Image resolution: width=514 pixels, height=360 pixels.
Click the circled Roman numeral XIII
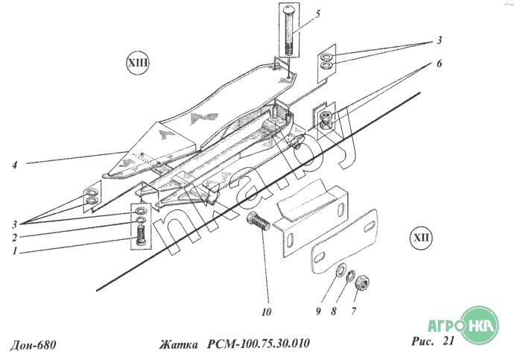[x=137, y=63]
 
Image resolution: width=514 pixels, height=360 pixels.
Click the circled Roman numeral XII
[x=421, y=237]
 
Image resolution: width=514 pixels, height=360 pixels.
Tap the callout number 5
[x=317, y=13]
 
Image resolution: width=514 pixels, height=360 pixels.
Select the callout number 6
[x=439, y=63]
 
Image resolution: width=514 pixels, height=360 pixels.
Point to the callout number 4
[x=15, y=165]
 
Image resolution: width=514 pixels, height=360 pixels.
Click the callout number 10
[x=267, y=312]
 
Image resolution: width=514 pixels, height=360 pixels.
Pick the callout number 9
[x=318, y=311]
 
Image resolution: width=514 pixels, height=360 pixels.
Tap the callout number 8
[x=334, y=311]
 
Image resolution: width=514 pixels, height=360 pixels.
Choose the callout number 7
[x=353, y=311]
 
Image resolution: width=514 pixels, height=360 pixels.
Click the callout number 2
[x=14, y=237]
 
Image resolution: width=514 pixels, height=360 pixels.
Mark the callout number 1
[x=14, y=251]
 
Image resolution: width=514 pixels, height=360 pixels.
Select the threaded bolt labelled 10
[x=258, y=221]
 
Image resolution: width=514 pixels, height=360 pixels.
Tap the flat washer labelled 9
[x=340, y=270]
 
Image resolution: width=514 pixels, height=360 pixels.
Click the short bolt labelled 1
[x=142, y=235]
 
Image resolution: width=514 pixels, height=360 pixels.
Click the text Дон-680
[x=33, y=345]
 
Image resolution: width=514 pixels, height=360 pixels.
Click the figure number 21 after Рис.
[x=448, y=341]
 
